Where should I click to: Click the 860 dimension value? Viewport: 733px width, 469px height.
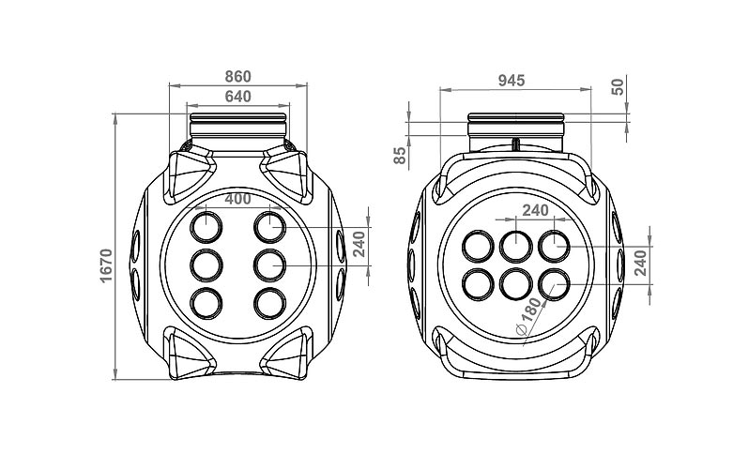[238, 75]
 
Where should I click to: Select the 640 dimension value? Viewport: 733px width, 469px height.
[238, 96]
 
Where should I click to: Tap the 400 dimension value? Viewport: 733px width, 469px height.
[238, 199]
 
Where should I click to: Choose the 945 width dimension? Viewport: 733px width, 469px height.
[512, 81]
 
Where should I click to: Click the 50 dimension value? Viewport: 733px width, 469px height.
[617, 86]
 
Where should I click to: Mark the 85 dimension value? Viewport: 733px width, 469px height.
[401, 156]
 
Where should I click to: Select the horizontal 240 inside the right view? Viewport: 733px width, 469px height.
[536, 210]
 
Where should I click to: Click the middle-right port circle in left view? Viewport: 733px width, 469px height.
[269, 265]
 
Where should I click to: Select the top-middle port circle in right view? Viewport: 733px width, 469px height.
[515, 246]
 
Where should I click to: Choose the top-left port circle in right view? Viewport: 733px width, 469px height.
[480, 246]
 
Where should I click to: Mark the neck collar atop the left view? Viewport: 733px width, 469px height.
[238, 124]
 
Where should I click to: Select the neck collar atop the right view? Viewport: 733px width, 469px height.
[515, 124]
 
